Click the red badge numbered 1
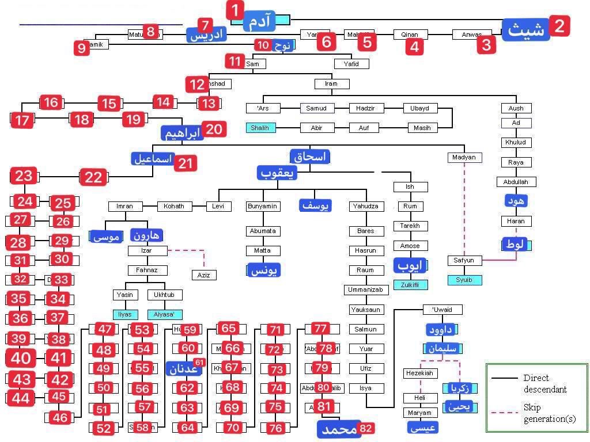[x=235, y=10]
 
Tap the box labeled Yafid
[x=351, y=64]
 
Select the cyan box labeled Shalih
[x=260, y=128]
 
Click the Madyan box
[x=464, y=158]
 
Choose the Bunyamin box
[x=262, y=206]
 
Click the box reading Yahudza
[x=366, y=206]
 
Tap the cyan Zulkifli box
[x=410, y=285]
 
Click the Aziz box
[x=203, y=275]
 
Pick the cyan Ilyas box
[x=125, y=315]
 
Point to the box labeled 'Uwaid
[x=442, y=310]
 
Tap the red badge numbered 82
[x=365, y=428]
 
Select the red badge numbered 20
[x=213, y=129]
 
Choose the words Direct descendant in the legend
[x=544, y=383]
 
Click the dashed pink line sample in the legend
[x=504, y=413]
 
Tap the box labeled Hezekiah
[x=420, y=374]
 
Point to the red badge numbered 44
[x=21, y=398]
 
